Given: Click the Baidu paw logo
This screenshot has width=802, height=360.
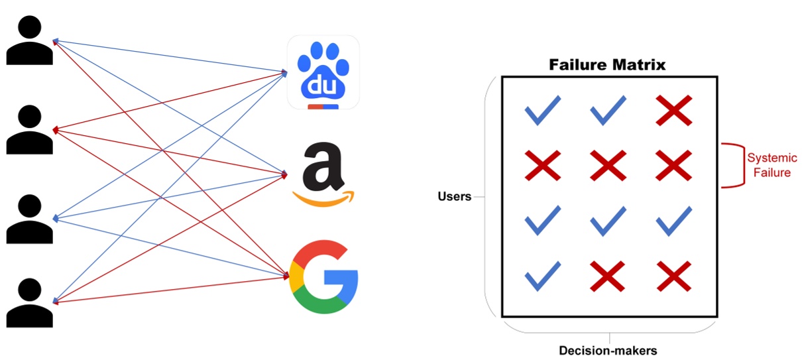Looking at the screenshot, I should point(323,72).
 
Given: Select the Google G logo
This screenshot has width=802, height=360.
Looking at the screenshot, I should point(324,277).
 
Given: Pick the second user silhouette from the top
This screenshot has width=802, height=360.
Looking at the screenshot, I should point(30,129).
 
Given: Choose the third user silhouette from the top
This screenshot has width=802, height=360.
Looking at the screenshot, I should point(30,219).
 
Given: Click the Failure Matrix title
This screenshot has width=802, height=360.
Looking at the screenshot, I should point(607,65).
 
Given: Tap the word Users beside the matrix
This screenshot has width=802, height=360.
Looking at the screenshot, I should point(454,197).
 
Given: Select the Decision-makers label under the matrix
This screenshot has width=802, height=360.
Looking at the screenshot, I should point(608,350).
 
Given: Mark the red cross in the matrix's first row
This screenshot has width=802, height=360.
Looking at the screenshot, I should point(674,111).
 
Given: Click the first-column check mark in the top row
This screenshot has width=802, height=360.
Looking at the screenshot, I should point(542,111).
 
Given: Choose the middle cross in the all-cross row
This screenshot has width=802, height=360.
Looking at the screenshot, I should point(608,166).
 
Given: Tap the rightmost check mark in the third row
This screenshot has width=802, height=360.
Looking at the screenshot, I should point(674,221).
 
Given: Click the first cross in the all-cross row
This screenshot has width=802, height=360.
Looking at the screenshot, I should point(542,166).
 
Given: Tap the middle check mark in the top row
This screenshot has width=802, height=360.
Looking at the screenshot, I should point(608,111).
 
